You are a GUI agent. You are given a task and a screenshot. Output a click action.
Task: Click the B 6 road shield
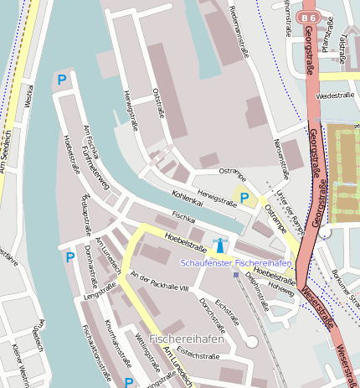coord(310,17)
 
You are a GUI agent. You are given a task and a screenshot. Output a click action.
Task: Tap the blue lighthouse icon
coord(220,246)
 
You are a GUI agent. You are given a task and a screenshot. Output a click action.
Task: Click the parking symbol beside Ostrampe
coord(244,198)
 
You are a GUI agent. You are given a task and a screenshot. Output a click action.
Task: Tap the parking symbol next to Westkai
coord(61,80)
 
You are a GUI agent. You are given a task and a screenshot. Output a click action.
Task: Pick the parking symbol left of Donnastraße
coord(69,257)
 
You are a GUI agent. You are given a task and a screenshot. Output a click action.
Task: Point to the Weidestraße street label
coord(335,96)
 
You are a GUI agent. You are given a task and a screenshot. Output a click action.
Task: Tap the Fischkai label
coord(183,217)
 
